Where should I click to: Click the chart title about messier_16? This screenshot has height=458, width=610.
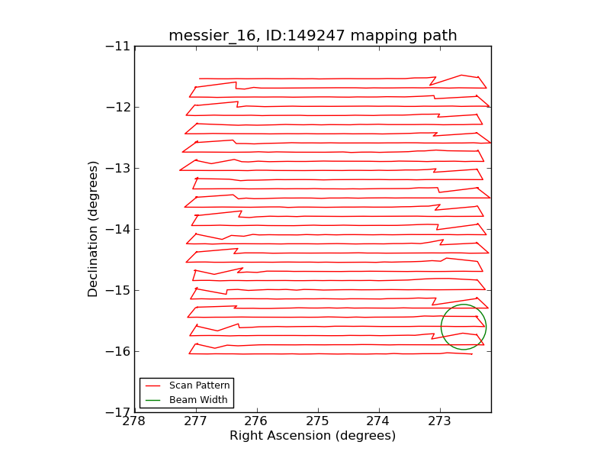(x=313, y=36)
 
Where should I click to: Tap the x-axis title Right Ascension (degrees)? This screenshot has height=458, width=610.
(x=313, y=436)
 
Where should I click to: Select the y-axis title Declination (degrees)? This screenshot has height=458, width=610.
(x=93, y=229)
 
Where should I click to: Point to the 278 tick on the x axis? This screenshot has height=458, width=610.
(x=135, y=421)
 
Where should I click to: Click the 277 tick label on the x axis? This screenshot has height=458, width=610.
(x=196, y=421)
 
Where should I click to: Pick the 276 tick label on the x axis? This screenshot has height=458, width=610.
(x=257, y=421)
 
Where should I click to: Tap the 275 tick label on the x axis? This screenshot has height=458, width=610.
(x=318, y=421)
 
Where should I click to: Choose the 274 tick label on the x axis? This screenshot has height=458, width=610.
(x=379, y=421)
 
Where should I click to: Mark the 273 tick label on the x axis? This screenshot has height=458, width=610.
(x=440, y=421)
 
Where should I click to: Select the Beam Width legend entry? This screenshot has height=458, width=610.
(x=197, y=399)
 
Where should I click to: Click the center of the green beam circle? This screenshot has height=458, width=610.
(x=464, y=327)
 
